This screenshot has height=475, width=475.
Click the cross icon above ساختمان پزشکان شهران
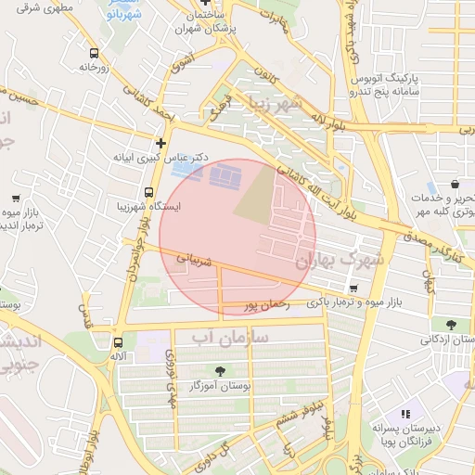point(204,4)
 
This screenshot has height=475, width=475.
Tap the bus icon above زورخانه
point(93,53)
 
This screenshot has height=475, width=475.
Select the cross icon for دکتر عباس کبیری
point(161,143)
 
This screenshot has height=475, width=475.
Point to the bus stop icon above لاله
point(116,340)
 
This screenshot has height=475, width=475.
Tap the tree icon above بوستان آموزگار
point(219,370)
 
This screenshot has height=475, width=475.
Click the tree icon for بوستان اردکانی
point(450,324)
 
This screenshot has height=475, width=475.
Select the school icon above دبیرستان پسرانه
point(404,414)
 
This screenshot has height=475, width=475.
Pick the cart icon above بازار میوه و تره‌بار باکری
point(354,288)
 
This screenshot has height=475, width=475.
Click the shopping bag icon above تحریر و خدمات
point(455,185)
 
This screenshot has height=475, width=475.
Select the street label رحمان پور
point(267,304)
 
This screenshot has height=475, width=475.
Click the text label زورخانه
point(94,68)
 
